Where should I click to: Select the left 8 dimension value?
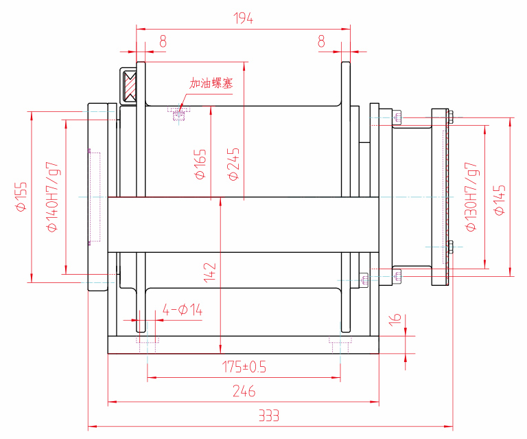(x=163, y=42)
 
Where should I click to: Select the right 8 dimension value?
(x=321, y=42)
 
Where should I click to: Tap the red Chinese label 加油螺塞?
(x=211, y=84)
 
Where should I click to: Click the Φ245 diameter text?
(x=233, y=164)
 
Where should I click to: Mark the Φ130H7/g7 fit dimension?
(x=471, y=197)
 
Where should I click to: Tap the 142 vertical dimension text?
(x=210, y=272)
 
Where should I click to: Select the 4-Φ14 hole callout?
(x=183, y=311)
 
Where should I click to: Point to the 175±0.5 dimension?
(x=244, y=367)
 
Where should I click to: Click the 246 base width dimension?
(x=244, y=392)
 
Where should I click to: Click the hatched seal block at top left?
(x=130, y=86)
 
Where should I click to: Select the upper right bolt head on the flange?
(x=452, y=117)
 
